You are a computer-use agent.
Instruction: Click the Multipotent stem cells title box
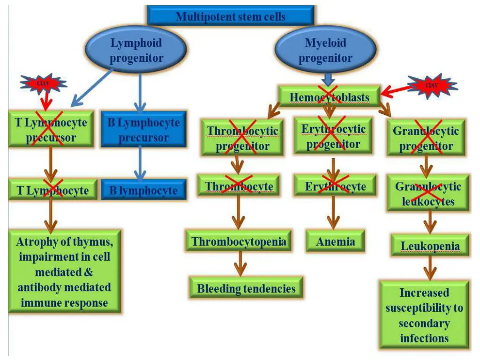pos(230,16)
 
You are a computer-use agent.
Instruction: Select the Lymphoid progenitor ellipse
pos(136,50)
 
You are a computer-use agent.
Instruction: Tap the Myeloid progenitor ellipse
pos(325,50)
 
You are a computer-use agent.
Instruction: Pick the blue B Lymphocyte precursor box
pos(143,130)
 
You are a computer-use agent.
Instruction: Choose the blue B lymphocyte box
pos(143,190)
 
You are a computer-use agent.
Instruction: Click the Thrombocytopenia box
pos(239,241)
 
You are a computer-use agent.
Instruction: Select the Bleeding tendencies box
pos(246,288)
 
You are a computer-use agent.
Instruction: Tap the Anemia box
pos(335,241)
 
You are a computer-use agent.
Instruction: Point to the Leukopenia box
pos(430,246)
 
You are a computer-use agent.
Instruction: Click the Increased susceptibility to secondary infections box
pos(424,315)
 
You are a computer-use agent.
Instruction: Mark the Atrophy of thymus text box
pos(64,272)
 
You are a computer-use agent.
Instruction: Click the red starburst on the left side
pos(43,84)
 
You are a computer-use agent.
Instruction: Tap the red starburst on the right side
pos(432,86)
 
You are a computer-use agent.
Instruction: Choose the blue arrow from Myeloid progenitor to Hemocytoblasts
pos(328,78)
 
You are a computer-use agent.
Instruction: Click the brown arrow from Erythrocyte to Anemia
pos(333,212)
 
